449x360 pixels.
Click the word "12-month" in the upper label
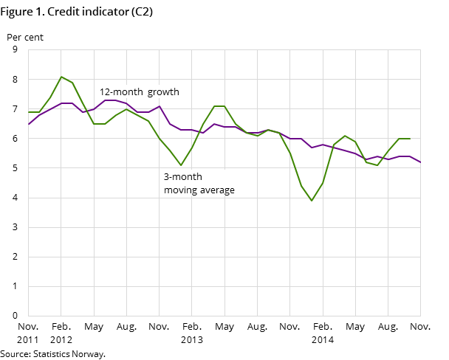(x=121, y=92)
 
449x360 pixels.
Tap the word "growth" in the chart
(x=163, y=92)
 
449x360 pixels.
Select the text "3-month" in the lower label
(x=182, y=177)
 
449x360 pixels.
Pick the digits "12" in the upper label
(x=104, y=92)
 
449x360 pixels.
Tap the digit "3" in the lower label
(x=166, y=177)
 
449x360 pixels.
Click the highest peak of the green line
(x=61, y=77)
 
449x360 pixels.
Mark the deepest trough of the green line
(x=312, y=201)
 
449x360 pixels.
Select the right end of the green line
(x=410, y=139)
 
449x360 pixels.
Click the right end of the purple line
(x=420, y=162)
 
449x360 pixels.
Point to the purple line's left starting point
(x=28, y=124)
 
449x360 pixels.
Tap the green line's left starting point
(x=28, y=112)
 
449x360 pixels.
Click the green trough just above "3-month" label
(x=181, y=165)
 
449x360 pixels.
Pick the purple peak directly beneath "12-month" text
(x=110, y=100)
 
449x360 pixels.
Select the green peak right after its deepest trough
(x=345, y=136)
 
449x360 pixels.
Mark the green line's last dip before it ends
(x=377, y=165)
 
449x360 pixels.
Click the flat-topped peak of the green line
(x=219, y=106)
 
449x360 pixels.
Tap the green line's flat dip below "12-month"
(x=99, y=124)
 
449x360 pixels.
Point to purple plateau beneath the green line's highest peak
(x=66, y=103)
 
